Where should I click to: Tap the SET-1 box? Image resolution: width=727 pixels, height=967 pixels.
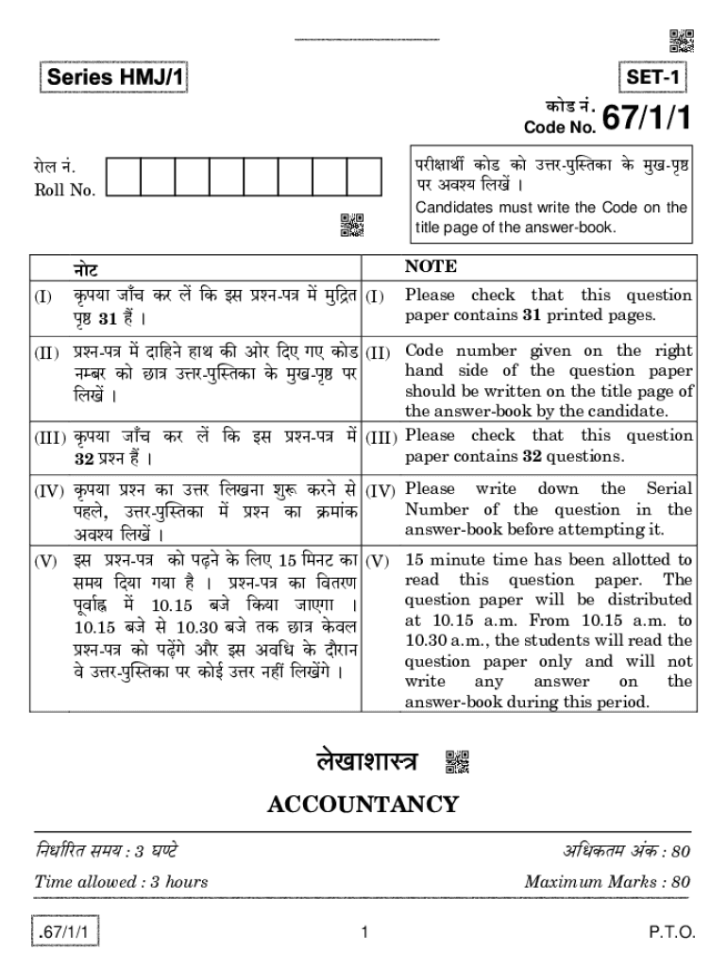click(654, 77)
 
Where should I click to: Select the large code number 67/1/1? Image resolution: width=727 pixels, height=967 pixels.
click(647, 118)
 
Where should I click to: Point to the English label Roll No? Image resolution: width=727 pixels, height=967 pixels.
click(64, 190)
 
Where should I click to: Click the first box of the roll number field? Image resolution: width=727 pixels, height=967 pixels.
click(123, 177)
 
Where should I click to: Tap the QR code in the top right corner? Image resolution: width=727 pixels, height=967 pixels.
click(681, 41)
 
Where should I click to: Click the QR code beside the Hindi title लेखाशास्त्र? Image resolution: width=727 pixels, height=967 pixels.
click(456, 761)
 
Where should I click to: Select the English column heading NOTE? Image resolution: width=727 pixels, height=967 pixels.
click(431, 266)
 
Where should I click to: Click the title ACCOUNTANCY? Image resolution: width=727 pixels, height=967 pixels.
click(363, 805)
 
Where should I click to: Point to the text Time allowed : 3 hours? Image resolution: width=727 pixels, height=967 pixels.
click(121, 882)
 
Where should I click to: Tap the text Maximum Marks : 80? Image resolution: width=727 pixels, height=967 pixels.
click(607, 882)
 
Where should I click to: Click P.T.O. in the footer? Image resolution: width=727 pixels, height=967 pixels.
click(671, 933)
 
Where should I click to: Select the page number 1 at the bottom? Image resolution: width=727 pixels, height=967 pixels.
click(363, 934)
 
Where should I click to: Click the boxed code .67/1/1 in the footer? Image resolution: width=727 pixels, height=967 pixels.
click(65, 933)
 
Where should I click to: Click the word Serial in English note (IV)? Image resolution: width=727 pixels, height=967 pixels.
click(668, 489)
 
